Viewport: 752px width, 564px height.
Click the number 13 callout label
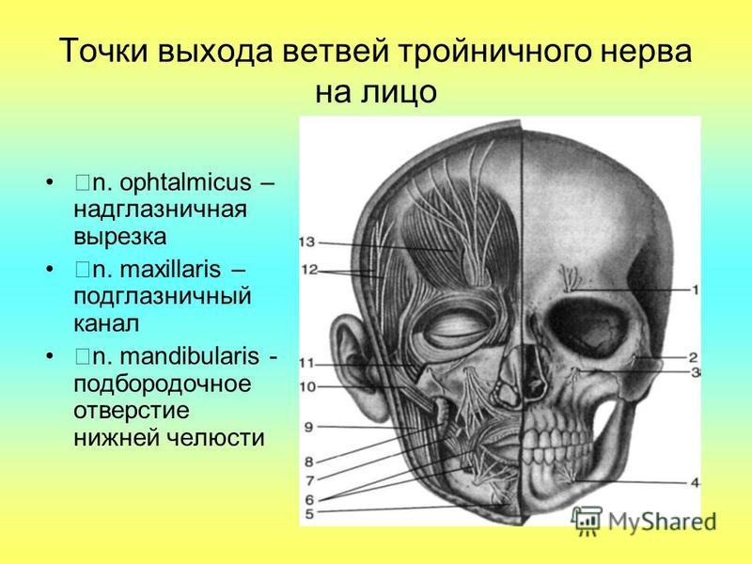tap(307, 242)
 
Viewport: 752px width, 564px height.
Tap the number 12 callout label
tap(309, 270)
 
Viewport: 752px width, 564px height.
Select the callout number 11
tap(306, 363)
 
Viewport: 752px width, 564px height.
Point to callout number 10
tap(308, 386)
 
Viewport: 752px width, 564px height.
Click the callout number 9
tap(309, 427)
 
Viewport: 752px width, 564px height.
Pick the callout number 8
tap(309, 462)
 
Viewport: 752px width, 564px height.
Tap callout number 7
tap(310, 480)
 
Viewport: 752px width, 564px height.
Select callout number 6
tap(310, 499)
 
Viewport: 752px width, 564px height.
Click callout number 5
tap(309, 514)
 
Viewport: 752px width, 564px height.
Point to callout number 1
tap(695, 290)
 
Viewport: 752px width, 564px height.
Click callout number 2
tap(693, 357)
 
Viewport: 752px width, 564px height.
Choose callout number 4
tap(695, 483)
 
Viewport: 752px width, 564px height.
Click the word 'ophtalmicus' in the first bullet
tap(185, 182)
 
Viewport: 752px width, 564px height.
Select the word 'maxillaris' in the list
tap(170, 270)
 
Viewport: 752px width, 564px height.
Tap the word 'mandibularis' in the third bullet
tap(190, 356)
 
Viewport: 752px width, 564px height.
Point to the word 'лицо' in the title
tap(399, 91)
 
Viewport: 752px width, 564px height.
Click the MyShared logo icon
tap(587, 521)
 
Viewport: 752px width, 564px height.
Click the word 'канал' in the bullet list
tap(106, 323)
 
